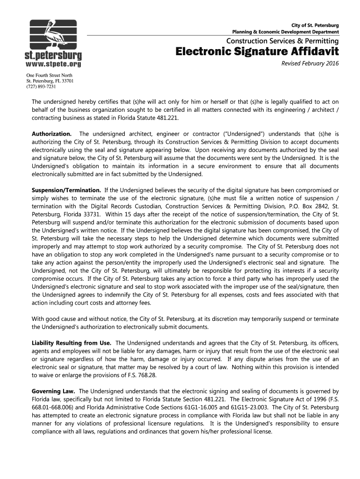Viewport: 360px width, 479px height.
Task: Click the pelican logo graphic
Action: [52, 34]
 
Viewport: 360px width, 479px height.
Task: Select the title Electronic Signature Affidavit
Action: [257, 51]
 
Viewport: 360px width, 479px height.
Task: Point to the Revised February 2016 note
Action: [310, 64]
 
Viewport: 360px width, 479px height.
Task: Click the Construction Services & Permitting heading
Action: [283, 41]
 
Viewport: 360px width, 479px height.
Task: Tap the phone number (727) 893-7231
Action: [41, 87]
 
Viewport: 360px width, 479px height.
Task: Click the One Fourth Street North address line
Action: [49, 75]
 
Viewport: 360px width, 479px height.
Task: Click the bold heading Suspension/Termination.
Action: [66, 190]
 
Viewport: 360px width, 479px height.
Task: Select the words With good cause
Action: [53, 319]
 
